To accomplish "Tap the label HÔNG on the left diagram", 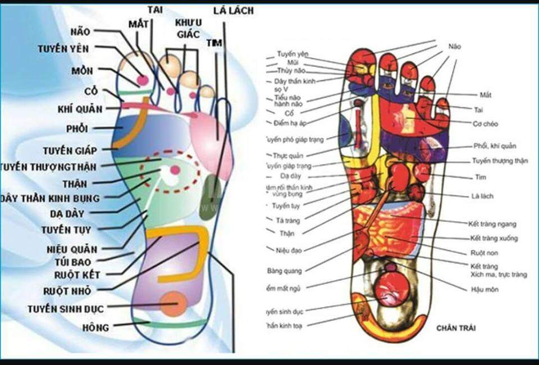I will click(x=97, y=326).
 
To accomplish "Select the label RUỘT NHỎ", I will click(x=67, y=291).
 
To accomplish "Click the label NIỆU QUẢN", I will click(x=72, y=249).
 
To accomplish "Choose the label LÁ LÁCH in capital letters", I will click(x=233, y=11).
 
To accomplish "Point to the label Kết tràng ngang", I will click(x=492, y=223).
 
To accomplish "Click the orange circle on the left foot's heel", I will click(x=172, y=304).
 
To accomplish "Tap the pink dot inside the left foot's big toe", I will click(x=143, y=80).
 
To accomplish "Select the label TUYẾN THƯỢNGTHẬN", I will click(x=49, y=167).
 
